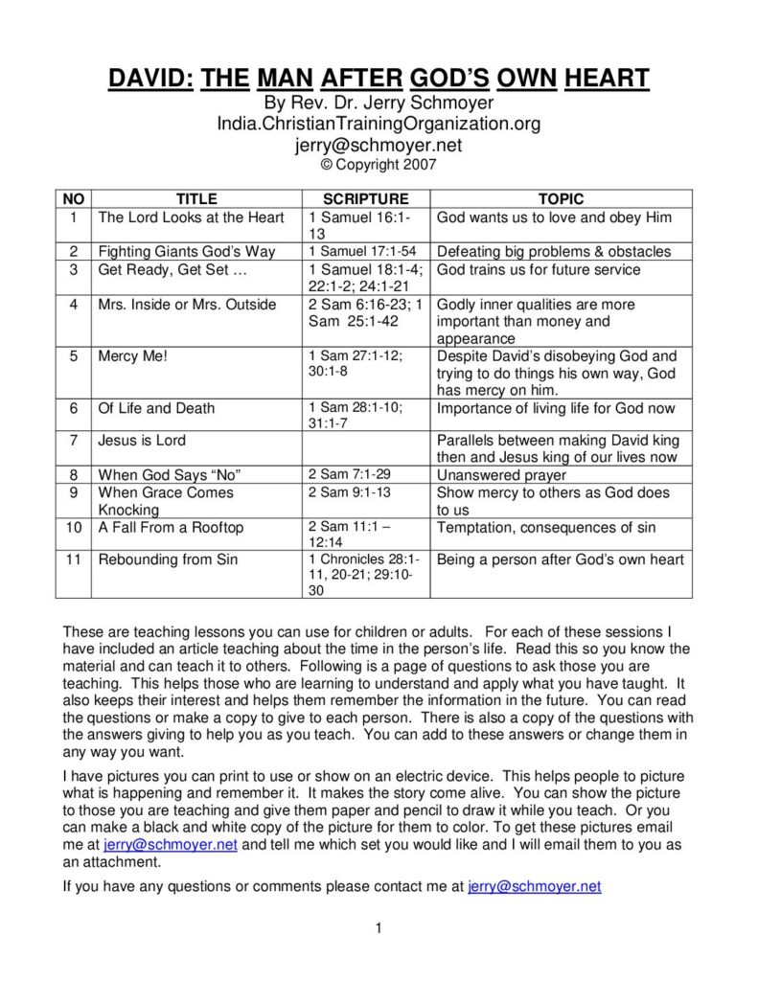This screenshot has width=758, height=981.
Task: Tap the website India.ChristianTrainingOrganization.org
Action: [379, 125]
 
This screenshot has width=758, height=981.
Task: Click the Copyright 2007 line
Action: [379, 165]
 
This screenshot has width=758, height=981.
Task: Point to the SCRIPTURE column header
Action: [365, 199]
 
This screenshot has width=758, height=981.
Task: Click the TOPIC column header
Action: [561, 199]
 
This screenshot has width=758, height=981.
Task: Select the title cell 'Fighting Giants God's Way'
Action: [187, 252]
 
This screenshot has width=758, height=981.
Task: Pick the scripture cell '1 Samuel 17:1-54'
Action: [368, 252]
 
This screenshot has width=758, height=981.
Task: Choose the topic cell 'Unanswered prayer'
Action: [501, 475]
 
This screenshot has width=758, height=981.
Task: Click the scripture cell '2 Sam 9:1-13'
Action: [351, 492]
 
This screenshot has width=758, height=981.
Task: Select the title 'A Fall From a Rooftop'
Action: [172, 528]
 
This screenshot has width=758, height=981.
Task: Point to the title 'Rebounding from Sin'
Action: [168, 559]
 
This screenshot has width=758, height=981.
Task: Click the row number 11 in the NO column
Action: [73, 559]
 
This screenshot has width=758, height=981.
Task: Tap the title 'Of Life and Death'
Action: [157, 408]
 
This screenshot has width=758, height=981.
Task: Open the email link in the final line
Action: [534, 887]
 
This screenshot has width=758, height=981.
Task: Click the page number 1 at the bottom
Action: [379, 927]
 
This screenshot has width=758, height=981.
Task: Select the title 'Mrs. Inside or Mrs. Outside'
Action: [187, 305]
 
